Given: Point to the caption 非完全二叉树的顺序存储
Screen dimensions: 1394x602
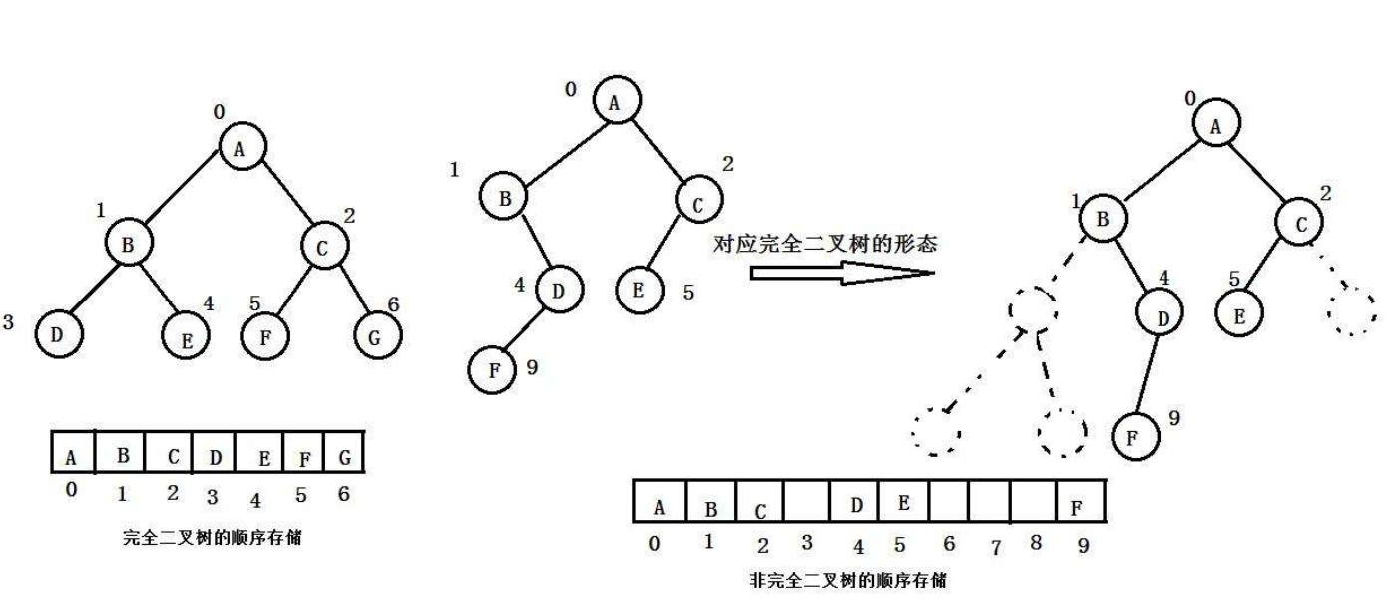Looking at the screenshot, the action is [x=847, y=580].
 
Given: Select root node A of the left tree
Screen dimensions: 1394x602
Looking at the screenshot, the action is [x=238, y=149].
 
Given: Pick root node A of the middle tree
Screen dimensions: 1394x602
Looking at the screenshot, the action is [x=616, y=101].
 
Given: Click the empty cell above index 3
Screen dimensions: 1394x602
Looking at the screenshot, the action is [x=807, y=503].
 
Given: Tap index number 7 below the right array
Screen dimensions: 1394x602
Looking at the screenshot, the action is [x=994, y=547].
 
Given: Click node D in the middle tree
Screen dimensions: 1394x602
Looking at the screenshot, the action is [x=560, y=291].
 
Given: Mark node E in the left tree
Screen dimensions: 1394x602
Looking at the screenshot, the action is [x=186, y=339].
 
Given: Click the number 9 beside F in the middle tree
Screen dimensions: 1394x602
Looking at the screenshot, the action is [x=532, y=367].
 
